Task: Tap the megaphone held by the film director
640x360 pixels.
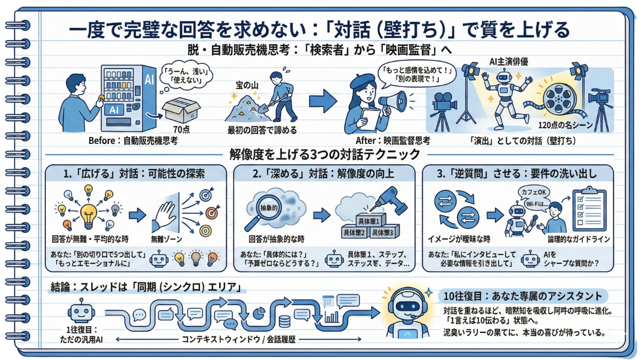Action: pos(393,102)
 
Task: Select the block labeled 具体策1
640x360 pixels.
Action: pos(369,221)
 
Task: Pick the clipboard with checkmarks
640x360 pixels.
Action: pos(588,211)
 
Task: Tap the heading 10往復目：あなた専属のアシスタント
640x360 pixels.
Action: pos(520,295)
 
